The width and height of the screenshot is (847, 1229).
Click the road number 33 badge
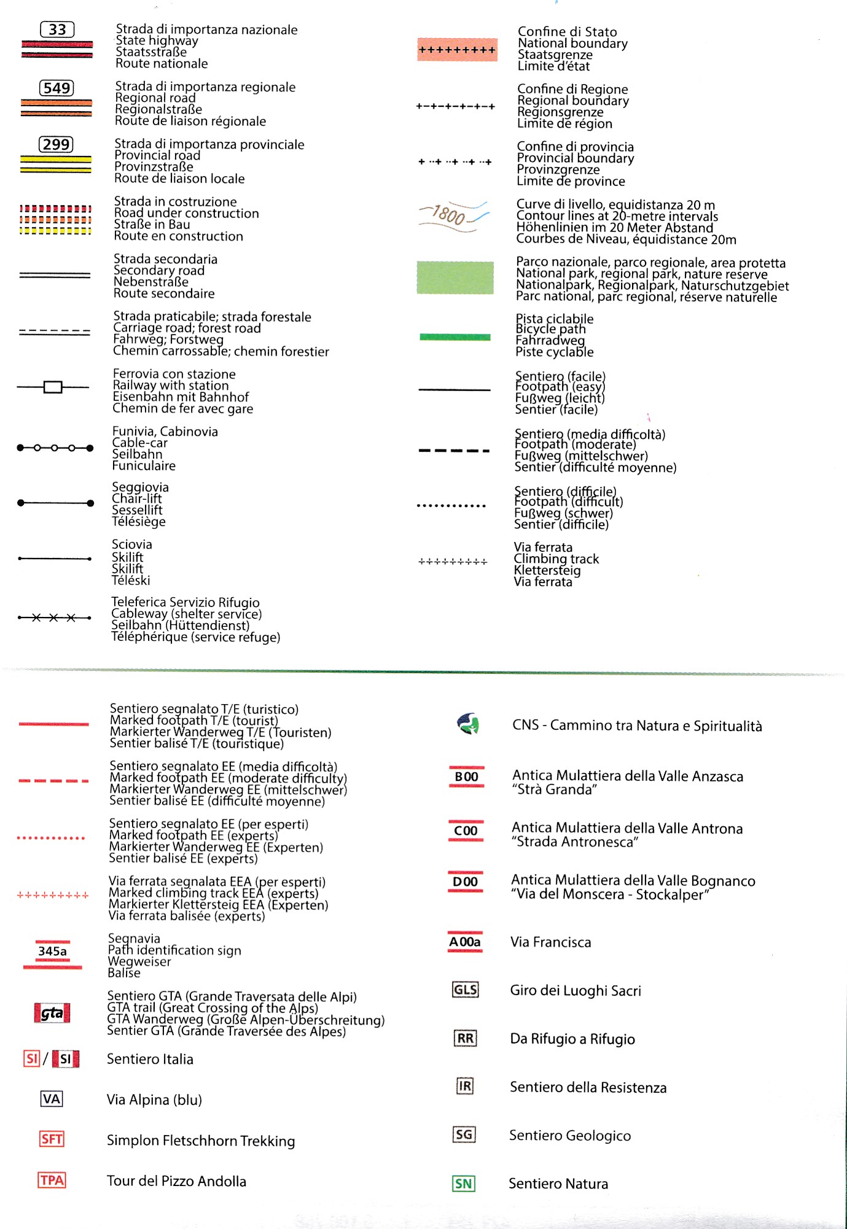pos(57,29)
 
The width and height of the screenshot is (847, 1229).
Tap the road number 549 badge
pos(57,88)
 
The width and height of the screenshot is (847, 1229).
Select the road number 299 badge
pos(56,144)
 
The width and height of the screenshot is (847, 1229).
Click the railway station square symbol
pos(53,387)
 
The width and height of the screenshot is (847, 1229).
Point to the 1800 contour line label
pos(449,215)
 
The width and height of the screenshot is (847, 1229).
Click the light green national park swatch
pos(455,277)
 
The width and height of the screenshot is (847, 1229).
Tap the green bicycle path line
pos(455,336)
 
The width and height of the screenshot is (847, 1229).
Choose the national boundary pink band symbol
pos(457,50)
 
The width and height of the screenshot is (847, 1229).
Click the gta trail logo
pos(52,1013)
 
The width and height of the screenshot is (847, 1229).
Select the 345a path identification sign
pos(53,952)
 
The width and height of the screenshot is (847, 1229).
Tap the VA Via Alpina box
pos(52,1099)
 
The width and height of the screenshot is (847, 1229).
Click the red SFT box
pos(52,1139)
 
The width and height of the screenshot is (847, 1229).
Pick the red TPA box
pos(52,1180)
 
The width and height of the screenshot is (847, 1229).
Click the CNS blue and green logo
pos(468,724)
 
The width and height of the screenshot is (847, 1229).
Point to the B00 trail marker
pos(466,777)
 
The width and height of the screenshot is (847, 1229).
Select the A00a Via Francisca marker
pos(465,942)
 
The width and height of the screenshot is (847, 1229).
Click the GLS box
pos(465,990)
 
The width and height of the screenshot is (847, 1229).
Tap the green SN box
pos(464,1184)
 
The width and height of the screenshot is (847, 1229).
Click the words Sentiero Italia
pos(150,1059)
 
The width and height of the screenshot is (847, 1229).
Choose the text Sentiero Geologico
pos(570,1136)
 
